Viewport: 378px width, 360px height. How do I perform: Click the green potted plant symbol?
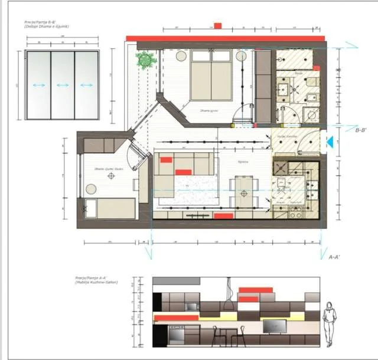[x=145, y=60]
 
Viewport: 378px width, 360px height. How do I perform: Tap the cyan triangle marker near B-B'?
[x=331, y=141]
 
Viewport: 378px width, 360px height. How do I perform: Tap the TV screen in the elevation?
[x=274, y=325]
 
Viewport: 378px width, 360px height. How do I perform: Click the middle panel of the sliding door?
[x=62, y=84]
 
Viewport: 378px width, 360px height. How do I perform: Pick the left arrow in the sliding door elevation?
[x=39, y=85]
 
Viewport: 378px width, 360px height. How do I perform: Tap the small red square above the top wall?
[x=217, y=26]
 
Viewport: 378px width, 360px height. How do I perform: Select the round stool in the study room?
[x=91, y=189]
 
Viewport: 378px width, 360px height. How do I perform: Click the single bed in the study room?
[x=109, y=208]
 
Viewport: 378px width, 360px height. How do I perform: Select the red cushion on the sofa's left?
[x=166, y=158]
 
